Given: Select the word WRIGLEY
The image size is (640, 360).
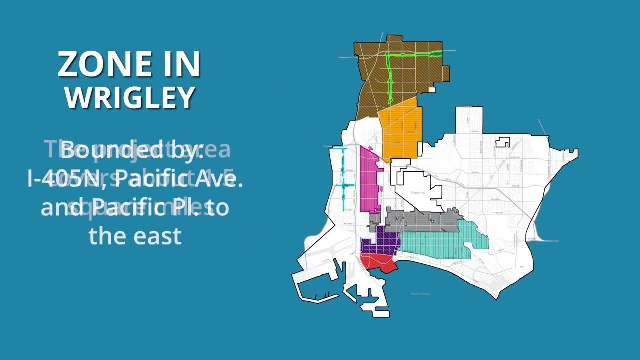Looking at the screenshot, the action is pyautogui.click(x=129, y=97).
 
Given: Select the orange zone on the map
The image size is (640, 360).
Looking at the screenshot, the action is pyautogui.click(x=400, y=132).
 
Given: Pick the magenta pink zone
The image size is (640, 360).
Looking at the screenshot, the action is pyautogui.click(x=369, y=180).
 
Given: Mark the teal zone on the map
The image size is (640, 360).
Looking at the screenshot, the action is pyautogui.click(x=435, y=245).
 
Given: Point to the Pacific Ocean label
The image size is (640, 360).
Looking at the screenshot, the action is pyautogui.click(x=420, y=294).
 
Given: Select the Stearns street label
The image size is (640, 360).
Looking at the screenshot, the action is pyautogui.click(x=495, y=199).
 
